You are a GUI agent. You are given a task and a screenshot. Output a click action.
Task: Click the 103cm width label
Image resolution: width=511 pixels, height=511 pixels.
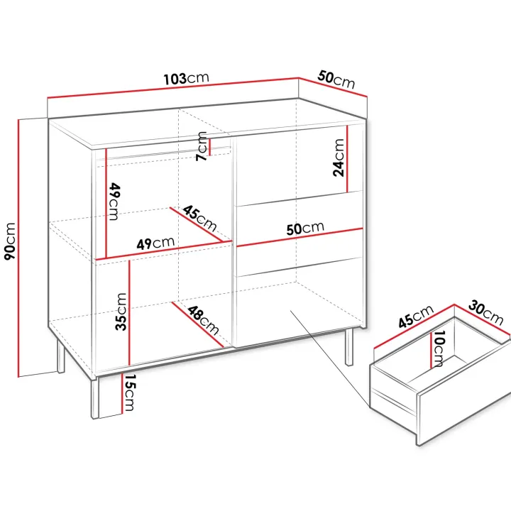point(186,78)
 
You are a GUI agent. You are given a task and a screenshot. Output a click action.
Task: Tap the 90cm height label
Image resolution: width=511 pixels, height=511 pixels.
point(10,241)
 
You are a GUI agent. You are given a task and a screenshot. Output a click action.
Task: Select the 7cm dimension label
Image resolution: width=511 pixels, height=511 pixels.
point(202,146)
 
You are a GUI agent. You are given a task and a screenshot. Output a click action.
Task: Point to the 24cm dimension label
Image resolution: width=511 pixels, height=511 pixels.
point(339,158)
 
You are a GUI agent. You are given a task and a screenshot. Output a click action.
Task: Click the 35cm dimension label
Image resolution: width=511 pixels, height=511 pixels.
point(121,312)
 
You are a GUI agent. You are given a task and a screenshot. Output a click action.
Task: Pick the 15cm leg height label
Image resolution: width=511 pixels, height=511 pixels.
point(129,392)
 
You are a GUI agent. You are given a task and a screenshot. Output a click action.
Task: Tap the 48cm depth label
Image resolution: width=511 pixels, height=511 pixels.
point(203,319)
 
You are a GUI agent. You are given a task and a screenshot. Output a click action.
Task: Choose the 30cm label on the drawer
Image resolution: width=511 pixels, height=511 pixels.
point(486,313)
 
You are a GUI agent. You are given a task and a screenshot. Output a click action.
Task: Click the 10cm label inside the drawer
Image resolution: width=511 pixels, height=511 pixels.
point(439,348)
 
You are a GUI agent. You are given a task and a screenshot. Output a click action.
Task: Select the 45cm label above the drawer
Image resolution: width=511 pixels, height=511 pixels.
point(416,316)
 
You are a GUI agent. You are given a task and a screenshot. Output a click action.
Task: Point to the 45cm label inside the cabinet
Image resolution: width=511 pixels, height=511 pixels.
point(199,218)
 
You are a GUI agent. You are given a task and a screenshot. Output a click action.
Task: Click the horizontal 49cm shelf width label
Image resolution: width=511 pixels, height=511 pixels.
point(155,243)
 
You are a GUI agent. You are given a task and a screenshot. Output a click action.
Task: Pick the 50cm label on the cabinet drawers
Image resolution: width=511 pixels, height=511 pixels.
point(305,228)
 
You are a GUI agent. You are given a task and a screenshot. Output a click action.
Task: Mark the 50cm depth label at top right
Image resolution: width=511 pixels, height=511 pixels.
point(336,79)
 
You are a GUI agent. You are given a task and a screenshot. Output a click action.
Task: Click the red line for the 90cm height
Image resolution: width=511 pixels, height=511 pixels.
point(18,248)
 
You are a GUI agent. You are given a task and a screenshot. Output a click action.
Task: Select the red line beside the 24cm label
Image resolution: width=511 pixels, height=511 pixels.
point(347,159)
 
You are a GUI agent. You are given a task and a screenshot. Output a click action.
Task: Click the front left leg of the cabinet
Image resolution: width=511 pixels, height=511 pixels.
point(94,398)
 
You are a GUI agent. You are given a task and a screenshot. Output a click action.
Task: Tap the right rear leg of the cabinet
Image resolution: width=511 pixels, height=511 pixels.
point(349,346)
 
